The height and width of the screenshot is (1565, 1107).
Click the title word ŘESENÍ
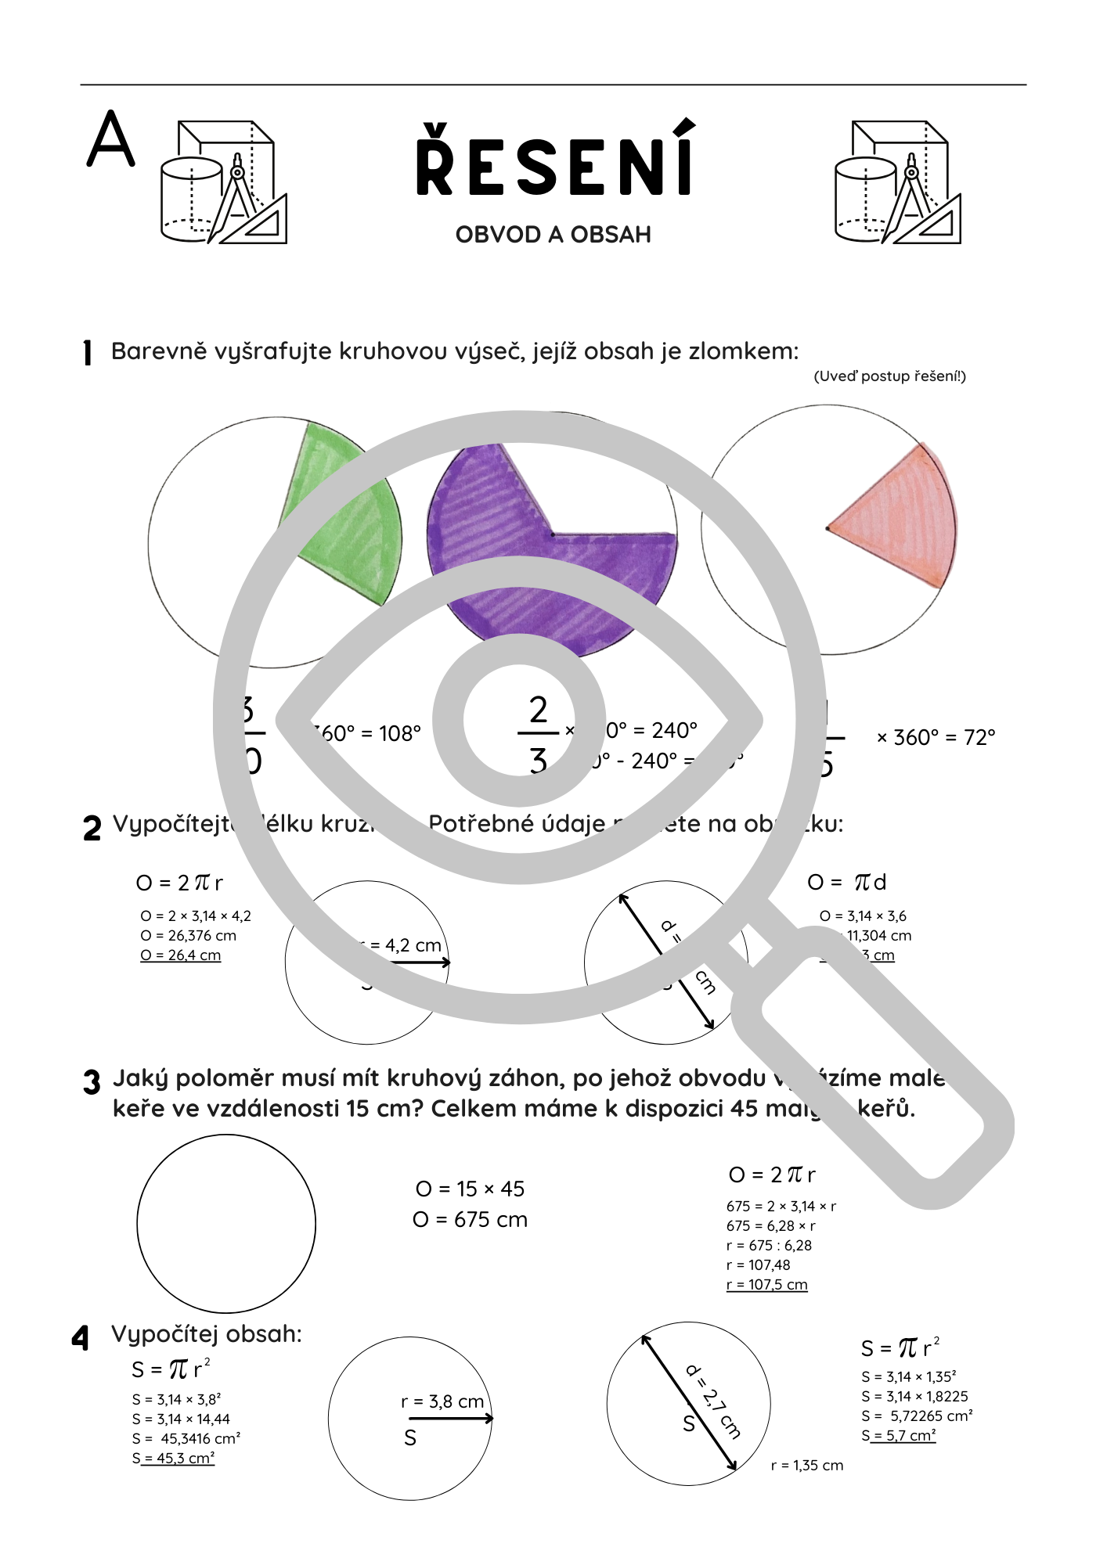(554, 160)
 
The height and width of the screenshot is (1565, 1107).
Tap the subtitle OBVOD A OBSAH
(553, 235)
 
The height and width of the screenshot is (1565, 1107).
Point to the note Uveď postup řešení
(889, 376)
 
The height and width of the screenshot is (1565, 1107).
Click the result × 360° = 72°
(936, 737)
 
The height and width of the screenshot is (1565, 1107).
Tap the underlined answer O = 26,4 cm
(181, 955)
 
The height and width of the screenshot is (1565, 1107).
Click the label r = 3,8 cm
(442, 1401)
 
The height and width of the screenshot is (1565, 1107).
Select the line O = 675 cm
(470, 1219)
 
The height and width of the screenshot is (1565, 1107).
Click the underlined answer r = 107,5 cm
(766, 1285)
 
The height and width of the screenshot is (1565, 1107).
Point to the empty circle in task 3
(226, 1224)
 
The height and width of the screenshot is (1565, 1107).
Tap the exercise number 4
(81, 1338)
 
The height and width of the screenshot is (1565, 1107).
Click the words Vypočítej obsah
(207, 1333)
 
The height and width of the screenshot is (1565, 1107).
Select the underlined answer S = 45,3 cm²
(174, 1459)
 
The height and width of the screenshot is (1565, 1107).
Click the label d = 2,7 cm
(713, 1401)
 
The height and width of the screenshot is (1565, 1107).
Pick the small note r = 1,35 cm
(806, 1466)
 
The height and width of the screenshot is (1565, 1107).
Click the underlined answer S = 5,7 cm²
(899, 1436)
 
